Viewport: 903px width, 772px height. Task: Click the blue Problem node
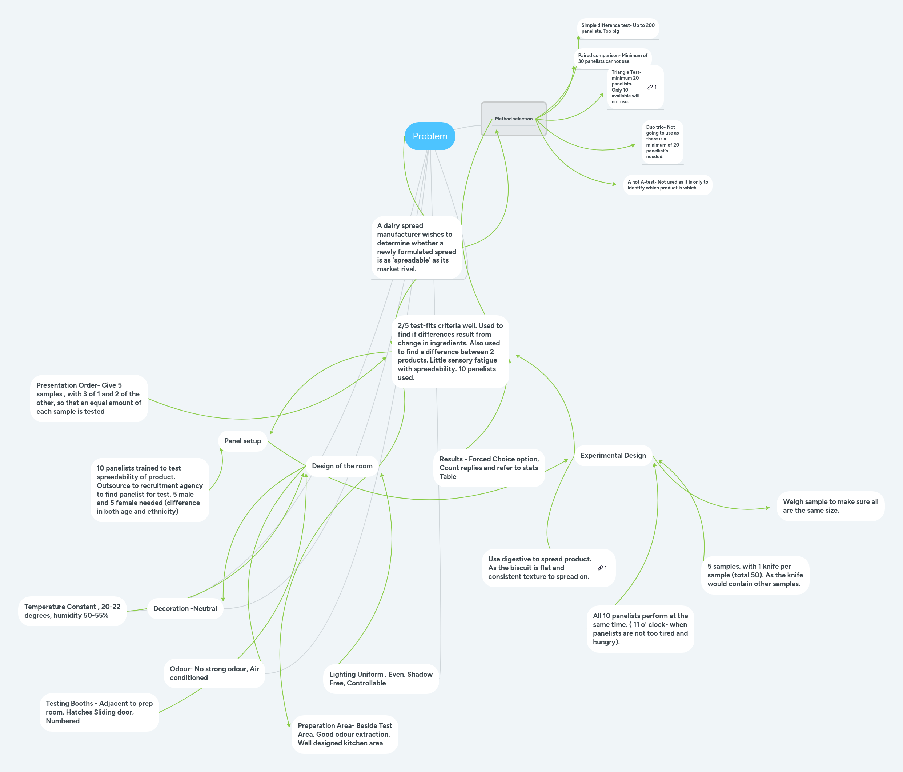(x=430, y=136)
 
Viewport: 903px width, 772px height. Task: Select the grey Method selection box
(x=513, y=119)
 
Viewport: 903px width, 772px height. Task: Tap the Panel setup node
(x=242, y=441)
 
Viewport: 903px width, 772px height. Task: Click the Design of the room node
(x=342, y=466)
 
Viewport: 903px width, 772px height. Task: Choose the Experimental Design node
(x=613, y=456)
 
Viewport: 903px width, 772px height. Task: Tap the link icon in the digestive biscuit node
(x=600, y=568)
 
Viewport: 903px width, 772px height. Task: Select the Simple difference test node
(x=618, y=28)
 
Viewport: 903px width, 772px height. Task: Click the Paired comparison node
(x=612, y=58)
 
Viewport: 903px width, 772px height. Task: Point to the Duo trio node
(x=662, y=142)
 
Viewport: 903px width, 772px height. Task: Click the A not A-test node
(x=667, y=185)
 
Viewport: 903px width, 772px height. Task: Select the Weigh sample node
(x=830, y=506)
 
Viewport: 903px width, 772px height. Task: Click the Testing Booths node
(x=99, y=712)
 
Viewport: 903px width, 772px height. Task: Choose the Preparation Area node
(x=345, y=734)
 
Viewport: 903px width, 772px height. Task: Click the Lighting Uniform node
(x=381, y=679)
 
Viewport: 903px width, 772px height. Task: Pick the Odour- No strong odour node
(x=214, y=673)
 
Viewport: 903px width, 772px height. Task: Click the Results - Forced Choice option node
(x=489, y=468)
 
